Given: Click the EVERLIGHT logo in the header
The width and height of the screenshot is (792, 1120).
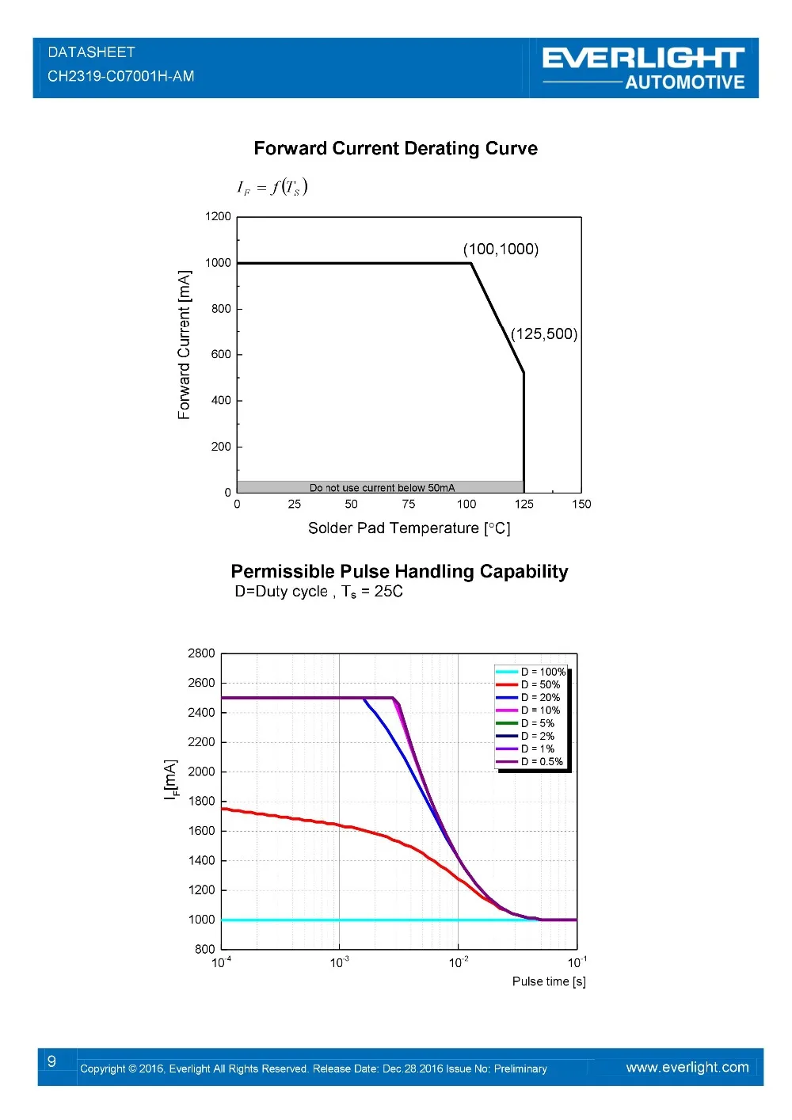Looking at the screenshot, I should (x=643, y=59).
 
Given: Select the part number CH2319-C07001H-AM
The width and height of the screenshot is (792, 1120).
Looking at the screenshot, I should (x=120, y=76).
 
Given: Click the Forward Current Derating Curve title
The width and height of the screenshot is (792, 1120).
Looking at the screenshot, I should (x=395, y=149).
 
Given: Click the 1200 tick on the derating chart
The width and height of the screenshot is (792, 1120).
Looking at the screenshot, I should (x=218, y=216).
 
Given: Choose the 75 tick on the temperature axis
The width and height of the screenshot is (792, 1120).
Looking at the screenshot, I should (x=409, y=504).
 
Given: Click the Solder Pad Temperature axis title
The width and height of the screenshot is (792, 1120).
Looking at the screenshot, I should (x=409, y=528).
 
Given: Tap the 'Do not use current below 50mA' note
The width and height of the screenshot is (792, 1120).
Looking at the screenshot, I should (x=382, y=488).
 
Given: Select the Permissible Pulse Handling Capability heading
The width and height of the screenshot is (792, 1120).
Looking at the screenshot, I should (x=399, y=572).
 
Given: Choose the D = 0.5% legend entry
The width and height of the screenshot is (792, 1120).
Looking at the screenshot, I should (x=542, y=761).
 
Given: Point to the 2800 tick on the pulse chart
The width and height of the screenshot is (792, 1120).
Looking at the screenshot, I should (x=201, y=653).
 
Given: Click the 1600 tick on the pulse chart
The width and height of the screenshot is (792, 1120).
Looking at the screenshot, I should (x=201, y=831).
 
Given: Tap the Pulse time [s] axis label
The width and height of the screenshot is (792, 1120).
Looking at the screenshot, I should (x=549, y=981).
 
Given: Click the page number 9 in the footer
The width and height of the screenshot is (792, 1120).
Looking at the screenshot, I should (x=51, y=1061).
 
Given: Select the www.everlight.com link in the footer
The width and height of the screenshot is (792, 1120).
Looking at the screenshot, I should (x=687, y=1067).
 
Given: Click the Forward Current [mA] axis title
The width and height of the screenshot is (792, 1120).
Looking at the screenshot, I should (x=185, y=345).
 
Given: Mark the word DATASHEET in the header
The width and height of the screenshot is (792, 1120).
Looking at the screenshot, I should (x=91, y=52).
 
